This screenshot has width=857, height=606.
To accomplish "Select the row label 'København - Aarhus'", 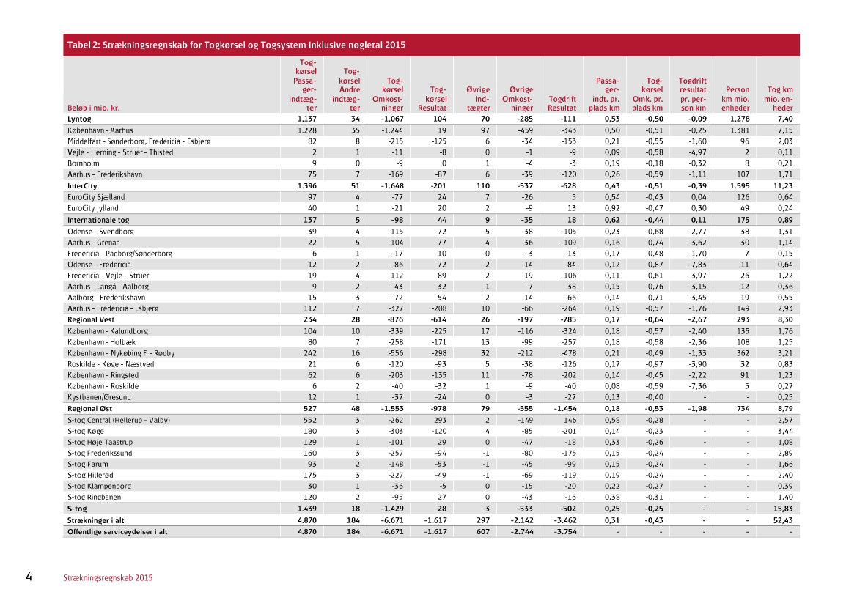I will pyautogui.click(x=100, y=130).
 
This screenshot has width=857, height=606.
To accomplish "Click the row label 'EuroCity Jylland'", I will pyautogui.click(x=96, y=208).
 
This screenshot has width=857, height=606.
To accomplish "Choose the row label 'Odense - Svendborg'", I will pyautogui.click(x=100, y=231).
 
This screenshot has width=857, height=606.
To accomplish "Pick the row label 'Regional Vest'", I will pyautogui.click(x=90, y=319).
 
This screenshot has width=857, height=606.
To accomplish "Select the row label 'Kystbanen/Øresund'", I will pyautogui.click(x=100, y=397).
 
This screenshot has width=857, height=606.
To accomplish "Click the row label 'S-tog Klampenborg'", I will pyautogui.click(x=100, y=486).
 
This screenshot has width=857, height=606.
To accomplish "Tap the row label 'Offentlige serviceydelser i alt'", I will pyautogui.click(x=117, y=531).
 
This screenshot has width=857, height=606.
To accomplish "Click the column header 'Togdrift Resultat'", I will pyautogui.click(x=562, y=103).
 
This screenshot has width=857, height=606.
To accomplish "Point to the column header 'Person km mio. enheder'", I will pyautogui.click(x=735, y=99).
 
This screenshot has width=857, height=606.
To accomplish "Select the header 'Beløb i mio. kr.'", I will pyautogui.click(x=95, y=108).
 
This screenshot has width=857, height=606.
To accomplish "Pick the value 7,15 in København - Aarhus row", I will pyautogui.click(x=785, y=130).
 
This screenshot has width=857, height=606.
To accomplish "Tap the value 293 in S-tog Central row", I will pyautogui.click(x=440, y=420).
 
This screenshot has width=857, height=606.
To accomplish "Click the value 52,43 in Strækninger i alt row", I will pyautogui.click(x=783, y=520).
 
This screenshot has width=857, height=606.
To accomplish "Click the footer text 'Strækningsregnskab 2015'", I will pyautogui.click(x=108, y=578).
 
